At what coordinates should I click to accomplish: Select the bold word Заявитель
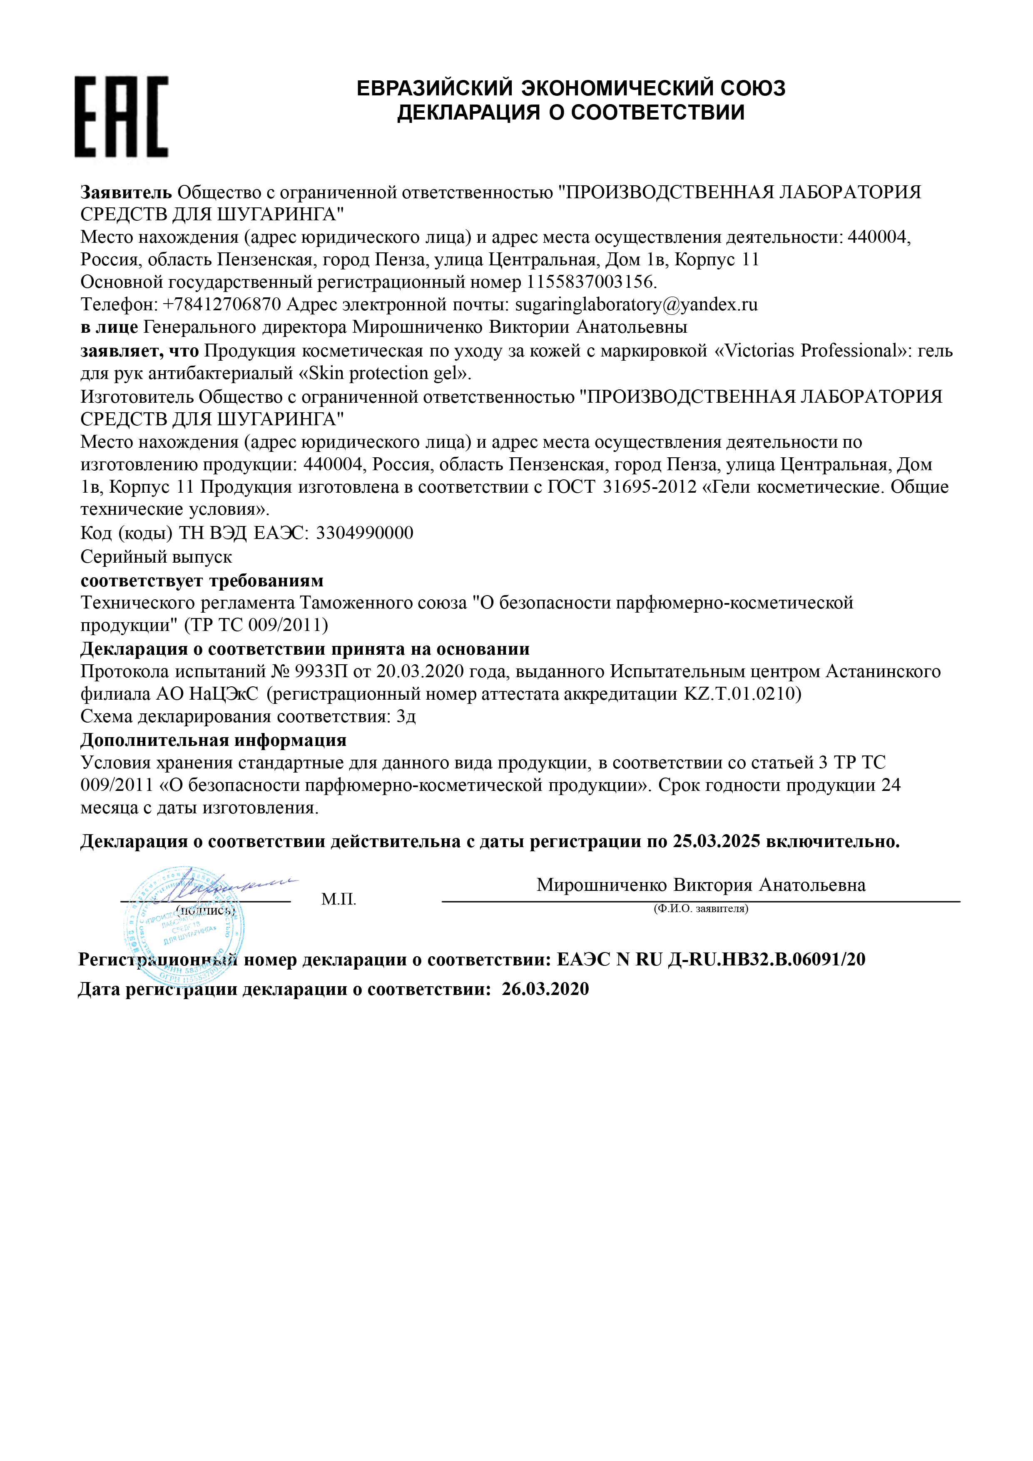coord(126,192)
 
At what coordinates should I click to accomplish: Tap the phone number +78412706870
coord(222,305)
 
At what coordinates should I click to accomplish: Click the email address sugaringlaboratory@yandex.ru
coord(636,305)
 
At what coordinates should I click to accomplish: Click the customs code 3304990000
coord(364,533)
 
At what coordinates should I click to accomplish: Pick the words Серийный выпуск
coord(156,557)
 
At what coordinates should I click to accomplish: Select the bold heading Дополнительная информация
coord(213,740)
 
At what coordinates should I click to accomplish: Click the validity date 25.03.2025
coord(716,841)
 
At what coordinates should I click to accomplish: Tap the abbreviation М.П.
coord(339,899)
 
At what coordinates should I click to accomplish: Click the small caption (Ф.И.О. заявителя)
coord(700,909)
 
